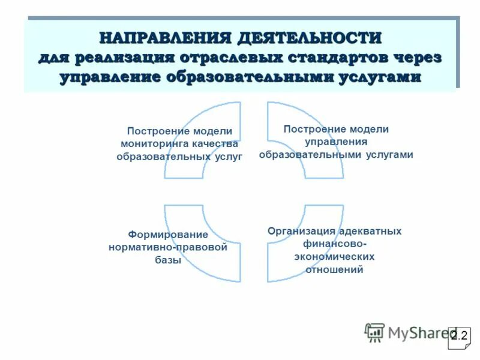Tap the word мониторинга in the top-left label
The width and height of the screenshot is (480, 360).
tap(155, 143)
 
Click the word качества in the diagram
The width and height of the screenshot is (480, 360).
tap(215, 143)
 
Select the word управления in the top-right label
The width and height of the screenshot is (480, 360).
tap(336, 142)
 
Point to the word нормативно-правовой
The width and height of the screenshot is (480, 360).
tap(168, 247)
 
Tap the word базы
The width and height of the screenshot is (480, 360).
tap(168, 260)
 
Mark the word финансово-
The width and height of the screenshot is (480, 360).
tap(334, 244)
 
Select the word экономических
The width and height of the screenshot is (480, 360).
tap(334, 256)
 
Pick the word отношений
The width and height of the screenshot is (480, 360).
tap(334, 269)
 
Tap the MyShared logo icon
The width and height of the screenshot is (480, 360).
tap(375, 332)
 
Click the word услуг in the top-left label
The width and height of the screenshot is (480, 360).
tap(229, 156)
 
